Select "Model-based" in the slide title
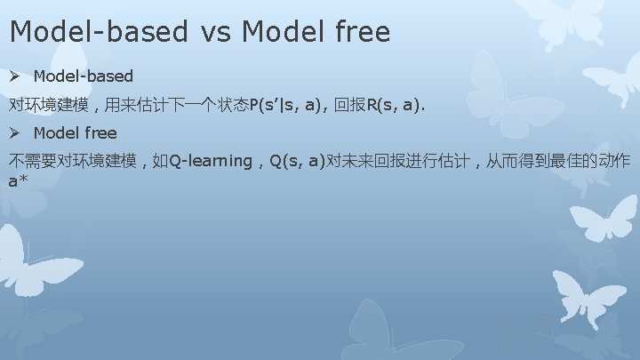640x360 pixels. pyautogui.click(x=99, y=32)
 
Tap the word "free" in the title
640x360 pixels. pyautogui.click(x=360, y=32)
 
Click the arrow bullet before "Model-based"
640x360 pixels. pyautogui.click(x=16, y=76)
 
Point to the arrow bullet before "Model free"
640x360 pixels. pyautogui.click(x=16, y=133)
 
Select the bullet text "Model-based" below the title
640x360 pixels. pyautogui.click(x=83, y=76)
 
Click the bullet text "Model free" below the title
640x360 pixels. pyautogui.click(x=75, y=133)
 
